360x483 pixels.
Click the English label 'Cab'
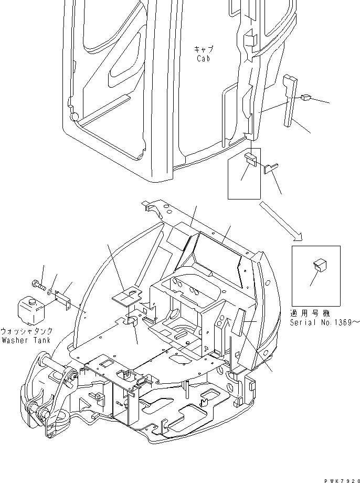click(x=204, y=59)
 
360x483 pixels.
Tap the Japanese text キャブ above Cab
click(x=204, y=49)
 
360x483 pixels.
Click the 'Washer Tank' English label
click(x=26, y=340)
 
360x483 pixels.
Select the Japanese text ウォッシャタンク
click(x=26, y=332)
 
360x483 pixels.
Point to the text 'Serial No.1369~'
click(x=325, y=322)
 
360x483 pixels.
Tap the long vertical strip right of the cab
click(x=290, y=100)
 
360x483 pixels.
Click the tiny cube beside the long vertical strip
click(x=307, y=97)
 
